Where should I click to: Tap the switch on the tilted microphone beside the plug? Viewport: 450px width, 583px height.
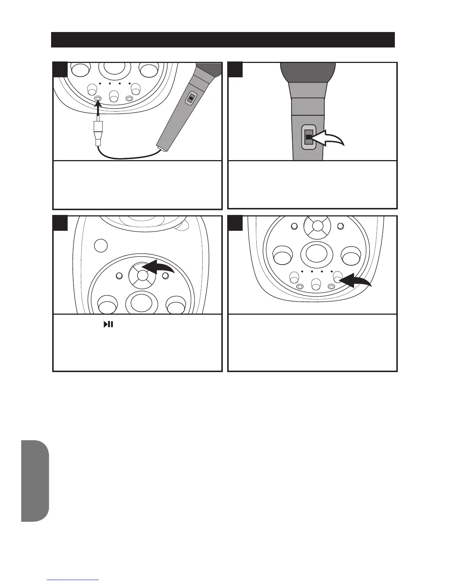point(191,98)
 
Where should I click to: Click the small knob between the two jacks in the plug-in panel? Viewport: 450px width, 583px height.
point(113,96)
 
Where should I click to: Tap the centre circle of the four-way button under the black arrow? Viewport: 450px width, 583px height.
point(142,276)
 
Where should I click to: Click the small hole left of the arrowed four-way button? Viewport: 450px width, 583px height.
point(119,276)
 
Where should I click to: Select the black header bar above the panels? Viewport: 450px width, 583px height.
point(223,40)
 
